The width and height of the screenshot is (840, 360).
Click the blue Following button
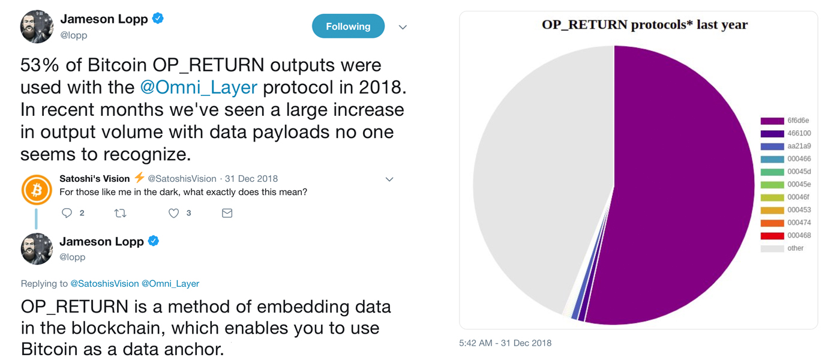coord(348,26)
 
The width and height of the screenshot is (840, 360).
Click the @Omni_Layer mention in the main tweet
coord(199,87)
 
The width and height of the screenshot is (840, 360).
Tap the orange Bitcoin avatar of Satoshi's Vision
coord(37,190)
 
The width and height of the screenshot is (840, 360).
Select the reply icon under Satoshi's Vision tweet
coord(67,213)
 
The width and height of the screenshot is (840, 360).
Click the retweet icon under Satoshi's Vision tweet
coord(120,213)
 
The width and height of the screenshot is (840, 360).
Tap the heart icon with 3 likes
coord(173,213)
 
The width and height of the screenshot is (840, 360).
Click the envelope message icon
coord(227,213)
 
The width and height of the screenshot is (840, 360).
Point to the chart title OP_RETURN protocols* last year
coord(645,25)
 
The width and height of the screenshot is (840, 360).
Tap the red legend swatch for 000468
coord(772,236)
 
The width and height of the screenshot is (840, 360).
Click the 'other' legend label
coord(796,248)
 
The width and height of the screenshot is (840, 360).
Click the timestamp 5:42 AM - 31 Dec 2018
coord(505,343)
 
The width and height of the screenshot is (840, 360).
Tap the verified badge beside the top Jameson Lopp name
coord(158,19)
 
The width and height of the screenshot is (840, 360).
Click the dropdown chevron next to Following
coord(403,27)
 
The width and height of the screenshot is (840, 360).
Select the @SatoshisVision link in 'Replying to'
coord(104,283)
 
